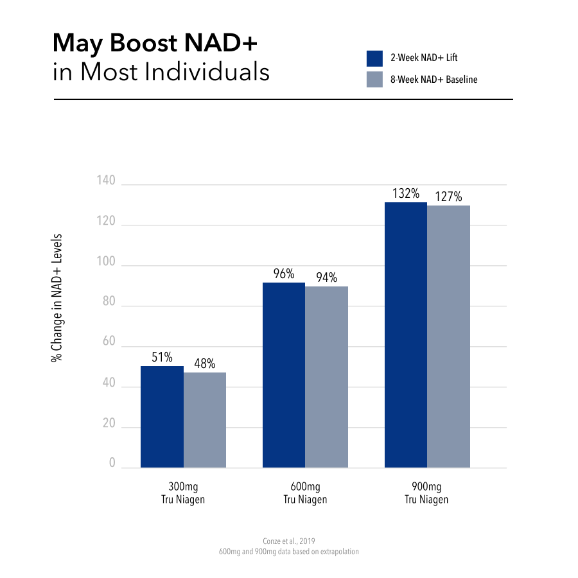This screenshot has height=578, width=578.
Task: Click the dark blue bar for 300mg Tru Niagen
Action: click(x=162, y=417)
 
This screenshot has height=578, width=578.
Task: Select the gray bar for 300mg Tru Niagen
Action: click(x=205, y=420)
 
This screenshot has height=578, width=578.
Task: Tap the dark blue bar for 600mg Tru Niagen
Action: click(x=284, y=375)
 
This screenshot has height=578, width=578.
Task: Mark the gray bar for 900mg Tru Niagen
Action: click(x=448, y=337)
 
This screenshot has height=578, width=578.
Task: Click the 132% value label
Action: click(x=406, y=193)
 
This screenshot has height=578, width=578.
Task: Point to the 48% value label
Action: click(x=204, y=363)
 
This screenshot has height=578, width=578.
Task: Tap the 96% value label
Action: click(x=283, y=274)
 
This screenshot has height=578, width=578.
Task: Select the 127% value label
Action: click(x=448, y=197)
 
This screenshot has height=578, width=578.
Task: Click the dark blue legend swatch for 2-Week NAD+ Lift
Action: click(x=374, y=58)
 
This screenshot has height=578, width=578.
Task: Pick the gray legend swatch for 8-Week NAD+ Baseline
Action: click(x=374, y=80)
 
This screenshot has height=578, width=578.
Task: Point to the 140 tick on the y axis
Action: click(x=107, y=182)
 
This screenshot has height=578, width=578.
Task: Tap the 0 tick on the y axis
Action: click(x=112, y=463)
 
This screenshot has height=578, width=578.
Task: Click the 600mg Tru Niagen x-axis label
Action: click(x=305, y=493)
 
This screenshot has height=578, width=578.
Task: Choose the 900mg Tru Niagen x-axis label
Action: click(x=426, y=493)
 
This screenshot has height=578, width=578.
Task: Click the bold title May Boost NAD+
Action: click(x=155, y=44)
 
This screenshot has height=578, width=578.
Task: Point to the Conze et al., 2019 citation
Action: click(x=289, y=541)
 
